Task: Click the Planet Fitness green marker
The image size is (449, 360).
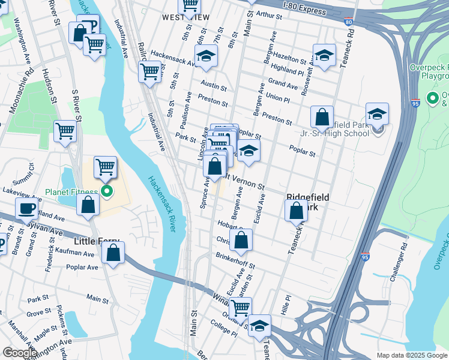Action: [107, 192]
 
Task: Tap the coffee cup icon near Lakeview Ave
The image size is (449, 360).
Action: [26, 208]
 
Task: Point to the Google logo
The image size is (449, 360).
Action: [19, 353]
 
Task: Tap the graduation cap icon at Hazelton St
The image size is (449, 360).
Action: [324, 55]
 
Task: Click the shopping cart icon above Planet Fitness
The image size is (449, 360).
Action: [105, 166]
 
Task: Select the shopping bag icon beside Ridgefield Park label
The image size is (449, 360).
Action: [296, 211]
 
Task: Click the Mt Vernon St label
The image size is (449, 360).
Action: [244, 182]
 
